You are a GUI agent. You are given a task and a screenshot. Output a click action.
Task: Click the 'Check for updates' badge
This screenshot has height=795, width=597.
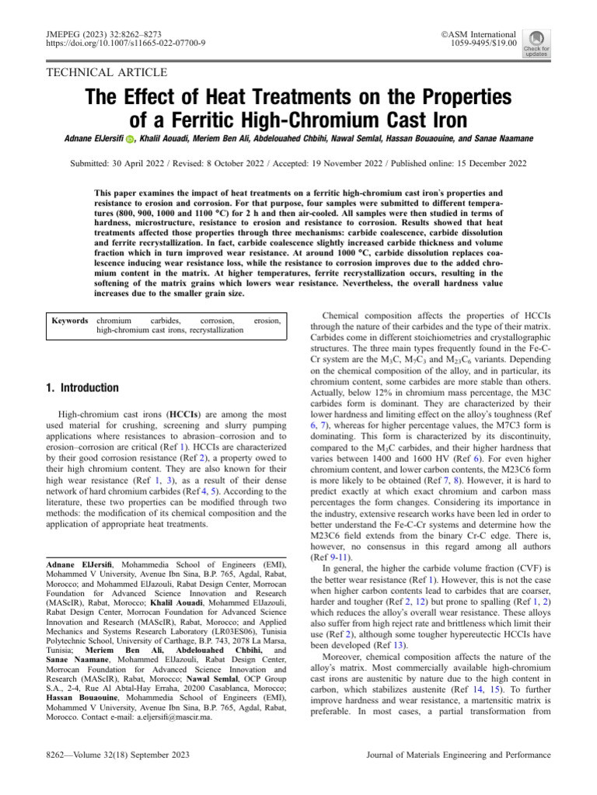[x=536, y=43]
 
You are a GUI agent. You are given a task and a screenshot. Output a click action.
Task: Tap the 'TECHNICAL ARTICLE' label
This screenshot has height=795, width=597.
[x=107, y=73]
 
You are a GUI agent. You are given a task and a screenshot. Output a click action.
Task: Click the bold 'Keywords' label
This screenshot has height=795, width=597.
[x=69, y=320]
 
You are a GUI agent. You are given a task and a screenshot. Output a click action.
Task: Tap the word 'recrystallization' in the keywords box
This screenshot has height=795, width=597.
[x=211, y=330]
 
